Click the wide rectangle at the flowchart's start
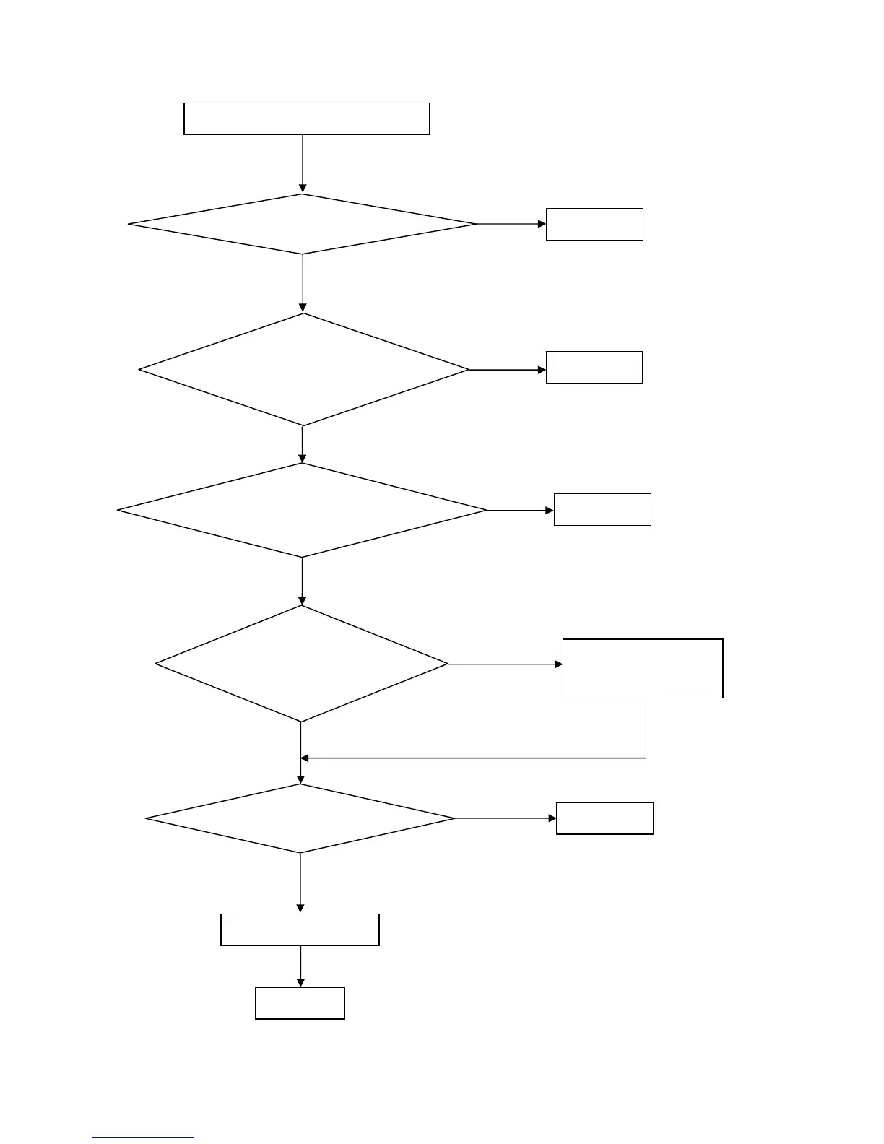pos(307,118)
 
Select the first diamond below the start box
pos(303,224)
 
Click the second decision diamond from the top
pos(303,370)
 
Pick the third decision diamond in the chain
pos(302,511)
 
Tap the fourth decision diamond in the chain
pos(301,664)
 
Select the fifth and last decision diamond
pos(300,818)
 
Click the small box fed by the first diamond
pos(594,225)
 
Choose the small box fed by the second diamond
pos(594,367)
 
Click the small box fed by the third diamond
pos(602,509)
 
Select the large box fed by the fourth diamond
pos(643,668)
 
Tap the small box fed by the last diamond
pos(604,818)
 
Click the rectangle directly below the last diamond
pos(300,929)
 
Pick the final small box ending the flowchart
pos(300,1003)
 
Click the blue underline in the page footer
pos(143,1138)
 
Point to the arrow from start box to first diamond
pos(303,164)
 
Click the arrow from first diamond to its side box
pos(511,224)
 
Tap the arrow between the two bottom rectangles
pos(300,966)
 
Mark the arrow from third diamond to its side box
pos(521,511)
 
